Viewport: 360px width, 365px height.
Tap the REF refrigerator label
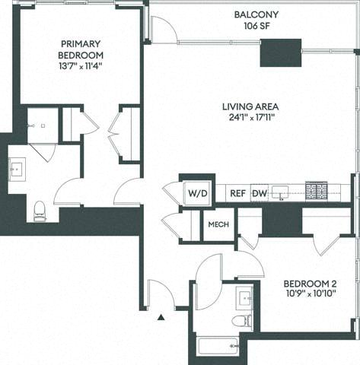pos(237,193)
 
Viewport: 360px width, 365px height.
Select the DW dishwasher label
pos(260,193)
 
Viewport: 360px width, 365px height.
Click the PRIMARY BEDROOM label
pos(81,49)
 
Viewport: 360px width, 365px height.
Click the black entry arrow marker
pos(161,319)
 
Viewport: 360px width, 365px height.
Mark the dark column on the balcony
pos(281,52)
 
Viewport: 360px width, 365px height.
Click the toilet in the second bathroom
pos(242,320)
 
